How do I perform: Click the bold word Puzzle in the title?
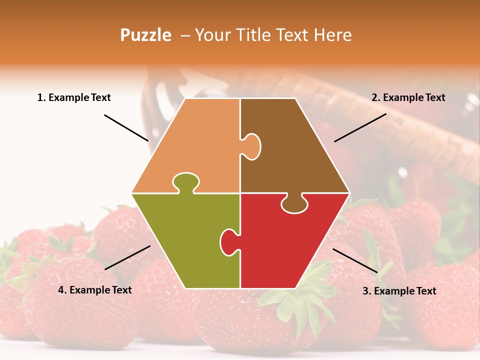[x=145, y=35]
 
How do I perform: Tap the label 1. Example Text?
[x=74, y=97]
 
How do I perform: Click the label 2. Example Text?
[x=408, y=97]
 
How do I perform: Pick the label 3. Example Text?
[x=399, y=291]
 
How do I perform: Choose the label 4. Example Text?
[x=94, y=290]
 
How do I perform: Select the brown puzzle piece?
[x=295, y=150]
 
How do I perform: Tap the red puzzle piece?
[x=290, y=245]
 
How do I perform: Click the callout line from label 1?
[x=126, y=128]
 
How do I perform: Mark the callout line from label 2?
[x=360, y=127]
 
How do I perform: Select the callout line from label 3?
[x=355, y=260]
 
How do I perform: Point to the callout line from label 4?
[x=127, y=257]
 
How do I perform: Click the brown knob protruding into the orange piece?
[x=251, y=146]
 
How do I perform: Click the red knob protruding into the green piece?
[x=229, y=241]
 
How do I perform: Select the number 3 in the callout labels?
[x=365, y=291]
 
